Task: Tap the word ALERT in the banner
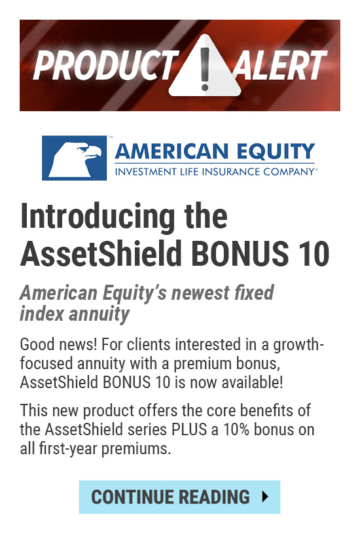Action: click(279, 65)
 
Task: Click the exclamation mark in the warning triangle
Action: click(205, 69)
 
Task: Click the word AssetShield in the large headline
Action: click(101, 253)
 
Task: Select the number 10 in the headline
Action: click(312, 254)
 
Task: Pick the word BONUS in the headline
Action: click(240, 254)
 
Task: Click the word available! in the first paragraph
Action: click(252, 382)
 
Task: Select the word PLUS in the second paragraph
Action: click(189, 429)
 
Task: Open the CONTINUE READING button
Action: click(179, 497)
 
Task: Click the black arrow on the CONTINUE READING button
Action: click(264, 497)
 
